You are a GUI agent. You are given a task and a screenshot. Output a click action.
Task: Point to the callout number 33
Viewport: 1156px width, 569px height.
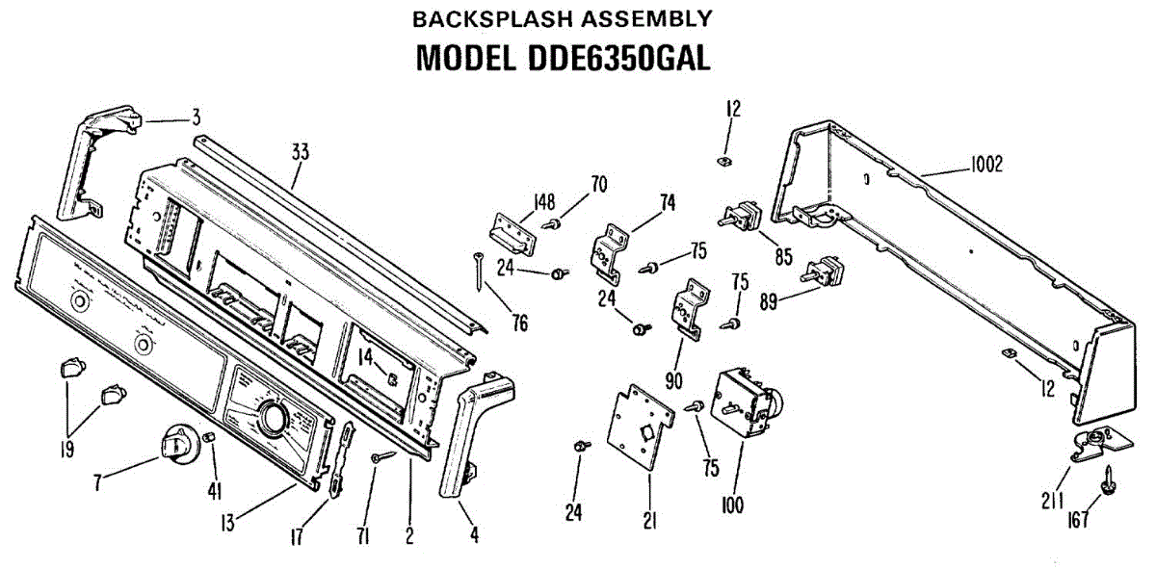300,150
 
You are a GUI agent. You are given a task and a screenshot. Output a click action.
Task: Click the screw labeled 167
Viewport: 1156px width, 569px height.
1110,478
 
